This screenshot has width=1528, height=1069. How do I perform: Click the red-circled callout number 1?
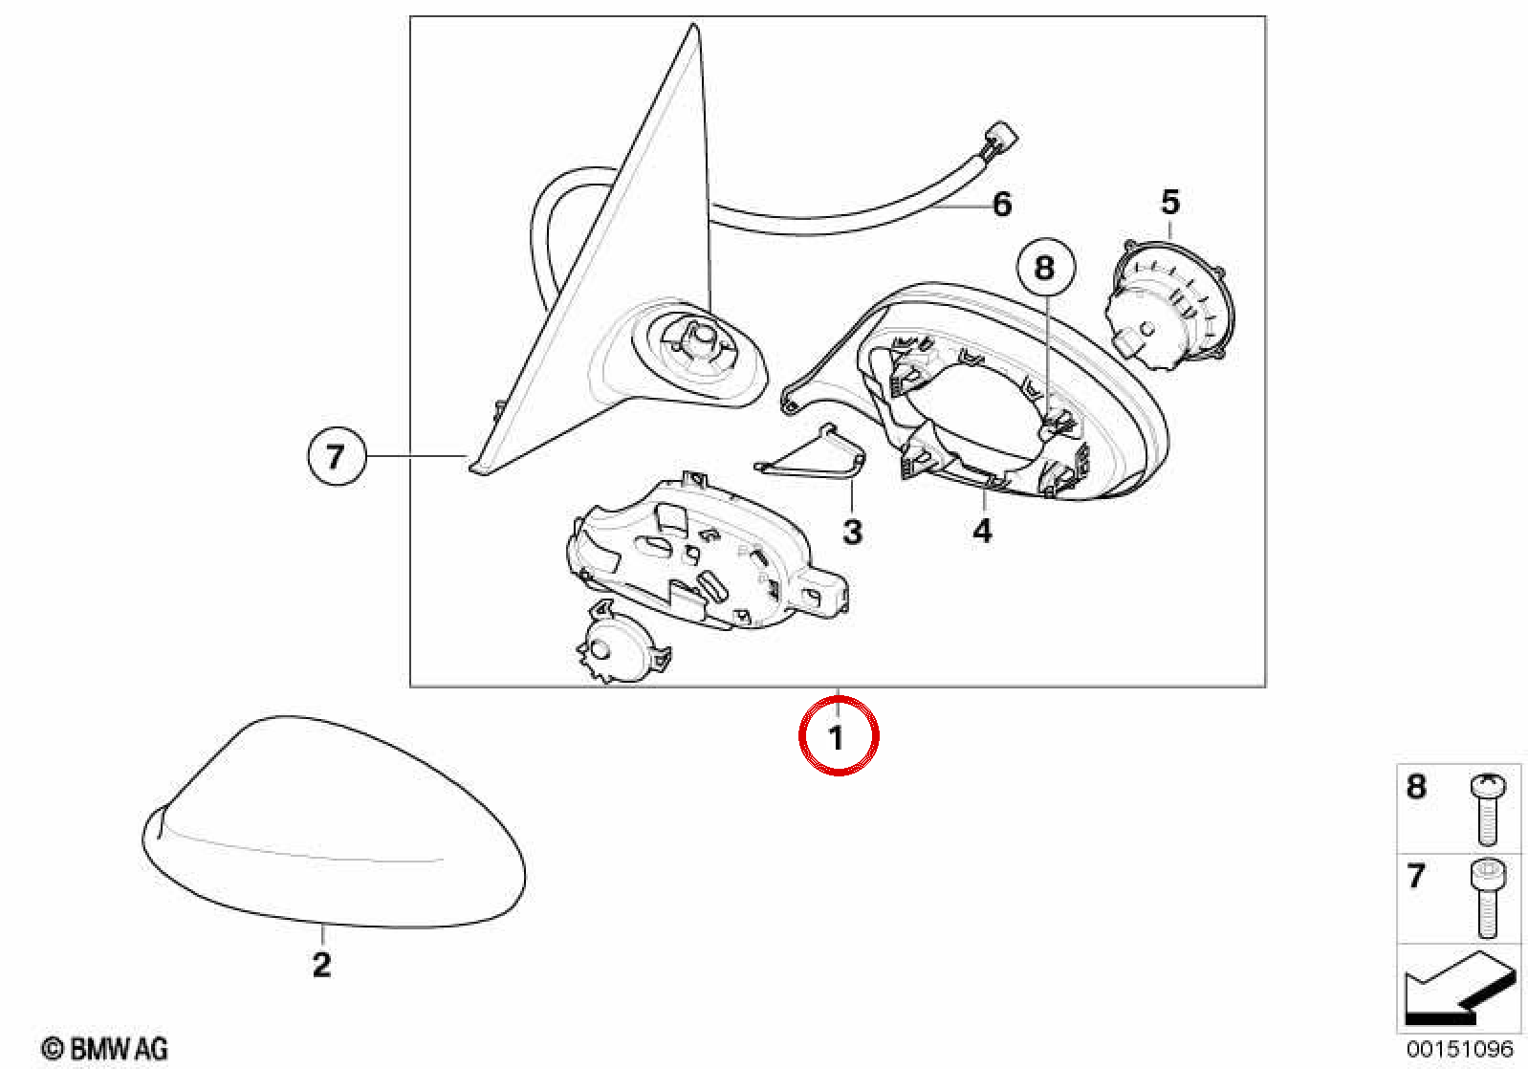[839, 735]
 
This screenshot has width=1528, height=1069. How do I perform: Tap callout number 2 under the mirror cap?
[321, 965]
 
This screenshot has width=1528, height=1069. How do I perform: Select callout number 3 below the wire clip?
[852, 533]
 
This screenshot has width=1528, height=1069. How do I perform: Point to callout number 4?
[982, 530]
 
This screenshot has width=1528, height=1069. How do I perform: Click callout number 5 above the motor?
[1169, 202]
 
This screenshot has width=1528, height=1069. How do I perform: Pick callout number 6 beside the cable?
[1001, 204]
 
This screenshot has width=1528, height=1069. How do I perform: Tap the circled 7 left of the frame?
[337, 456]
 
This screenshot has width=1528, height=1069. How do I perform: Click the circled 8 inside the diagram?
[1046, 267]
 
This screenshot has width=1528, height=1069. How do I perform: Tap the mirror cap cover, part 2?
[334, 822]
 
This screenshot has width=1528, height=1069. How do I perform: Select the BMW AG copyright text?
[104, 1049]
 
